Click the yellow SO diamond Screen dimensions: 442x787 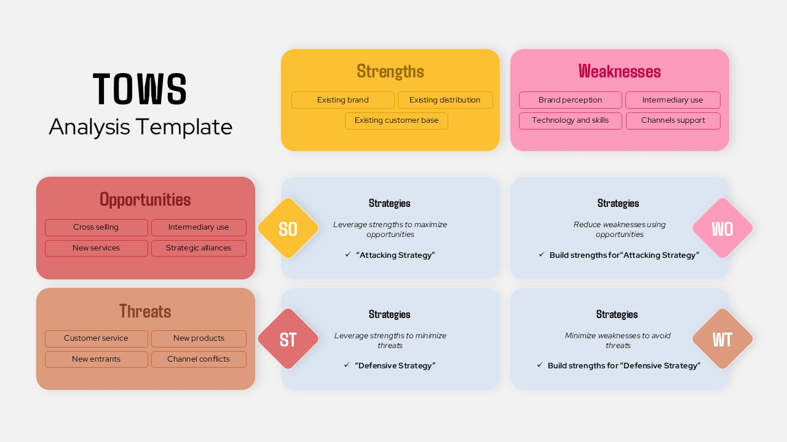(x=288, y=228)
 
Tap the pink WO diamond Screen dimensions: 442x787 (x=722, y=228)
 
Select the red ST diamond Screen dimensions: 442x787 (x=288, y=339)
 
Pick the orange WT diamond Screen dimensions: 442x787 (x=722, y=339)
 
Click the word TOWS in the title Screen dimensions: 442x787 (x=140, y=90)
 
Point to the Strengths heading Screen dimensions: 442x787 (x=390, y=71)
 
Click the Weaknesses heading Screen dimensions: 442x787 (x=619, y=71)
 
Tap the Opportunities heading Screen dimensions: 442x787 (x=145, y=200)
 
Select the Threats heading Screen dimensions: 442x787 (x=145, y=311)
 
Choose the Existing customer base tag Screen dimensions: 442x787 (x=397, y=120)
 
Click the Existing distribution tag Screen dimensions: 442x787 (x=445, y=100)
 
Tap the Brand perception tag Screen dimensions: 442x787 (x=570, y=100)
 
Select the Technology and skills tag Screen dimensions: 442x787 (x=570, y=120)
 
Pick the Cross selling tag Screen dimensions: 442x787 (x=96, y=227)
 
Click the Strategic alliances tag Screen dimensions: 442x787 (x=199, y=248)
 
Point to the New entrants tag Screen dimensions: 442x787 (x=96, y=359)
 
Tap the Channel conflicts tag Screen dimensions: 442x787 (x=199, y=359)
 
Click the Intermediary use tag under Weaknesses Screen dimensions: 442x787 (x=673, y=100)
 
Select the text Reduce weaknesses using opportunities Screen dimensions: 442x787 (x=619, y=229)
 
